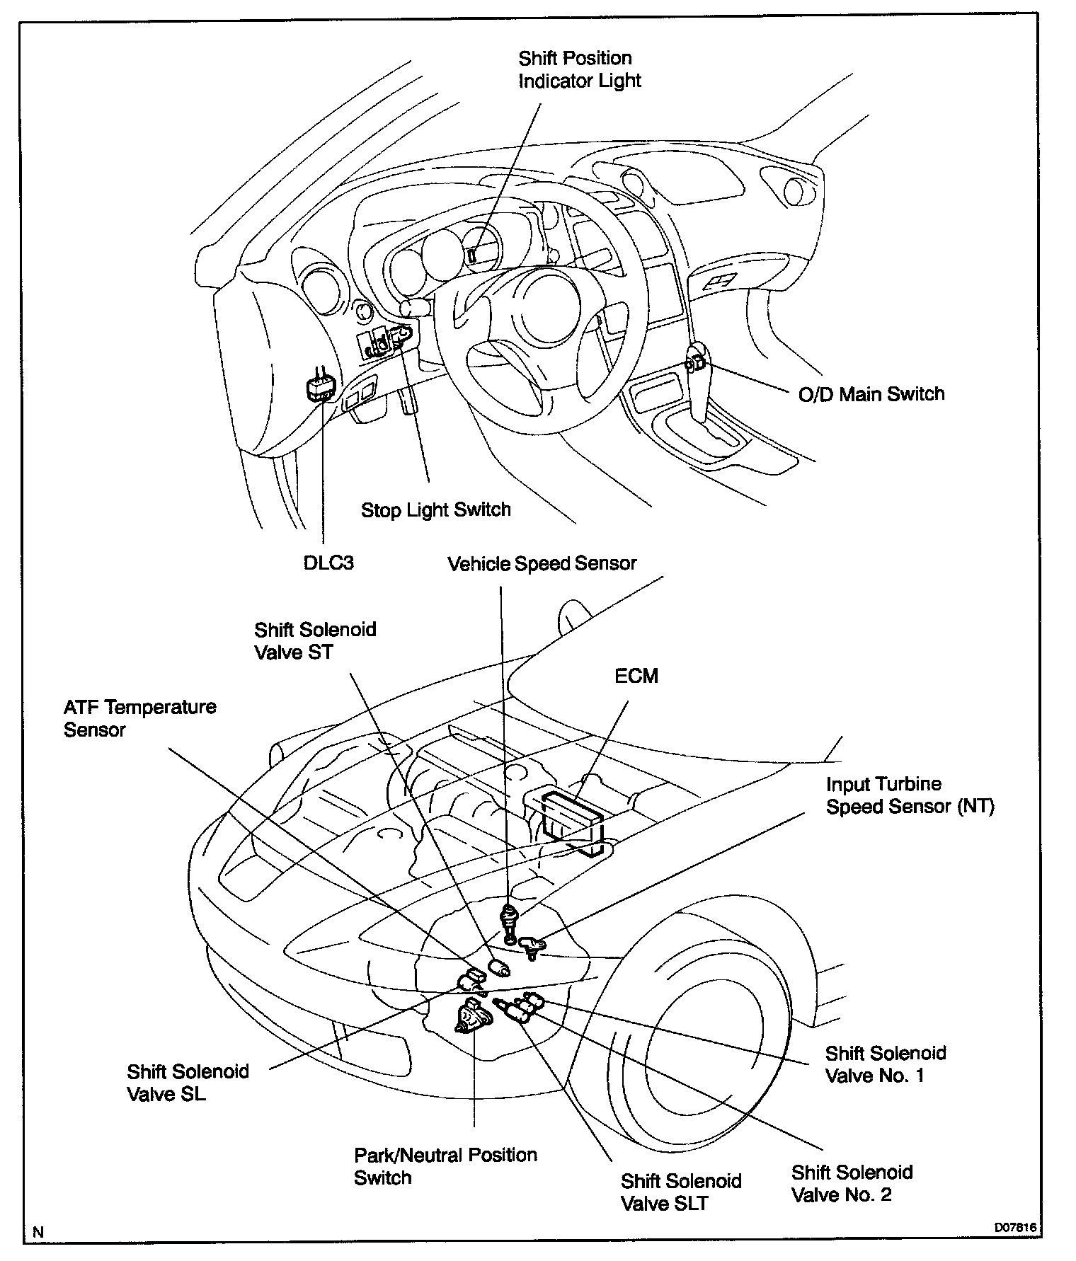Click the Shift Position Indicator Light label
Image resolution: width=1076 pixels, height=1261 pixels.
coord(579,69)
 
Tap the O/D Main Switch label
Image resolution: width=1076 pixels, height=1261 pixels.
coord(871,394)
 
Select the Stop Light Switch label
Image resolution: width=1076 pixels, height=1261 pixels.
coord(435,509)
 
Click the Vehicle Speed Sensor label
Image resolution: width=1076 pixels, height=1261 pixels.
coord(542,563)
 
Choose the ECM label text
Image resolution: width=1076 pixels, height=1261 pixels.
coord(636,676)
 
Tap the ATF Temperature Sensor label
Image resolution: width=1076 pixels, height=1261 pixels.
coord(139,718)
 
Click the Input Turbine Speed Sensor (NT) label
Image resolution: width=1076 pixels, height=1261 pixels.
coord(910,795)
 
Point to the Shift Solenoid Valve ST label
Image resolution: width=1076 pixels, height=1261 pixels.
coord(315,640)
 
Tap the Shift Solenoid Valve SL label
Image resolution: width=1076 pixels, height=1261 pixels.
coord(188,1083)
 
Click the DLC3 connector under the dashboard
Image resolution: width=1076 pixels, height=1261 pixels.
coord(318,388)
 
